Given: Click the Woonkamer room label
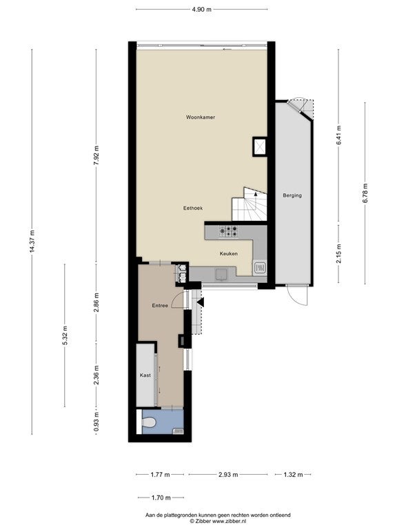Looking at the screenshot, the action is (x=201, y=117).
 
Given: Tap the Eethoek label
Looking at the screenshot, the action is (x=193, y=208).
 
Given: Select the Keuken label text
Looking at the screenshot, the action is (x=229, y=253).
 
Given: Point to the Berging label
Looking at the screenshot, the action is (x=292, y=195).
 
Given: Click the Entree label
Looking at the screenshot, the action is (x=160, y=306).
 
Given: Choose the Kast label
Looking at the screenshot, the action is (x=145, y=375).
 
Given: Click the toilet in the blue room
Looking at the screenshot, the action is (x=149, y=422).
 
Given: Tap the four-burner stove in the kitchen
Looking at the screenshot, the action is (x=228, y=232).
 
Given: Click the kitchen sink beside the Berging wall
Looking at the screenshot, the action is (x=260, y=268).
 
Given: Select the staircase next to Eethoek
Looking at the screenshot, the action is (x=250, y=204).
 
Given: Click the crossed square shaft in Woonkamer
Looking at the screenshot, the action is (x=260, y=147).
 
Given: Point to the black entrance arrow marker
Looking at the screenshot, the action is (x=201, y=302).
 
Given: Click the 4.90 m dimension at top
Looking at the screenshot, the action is (x=201, y=10).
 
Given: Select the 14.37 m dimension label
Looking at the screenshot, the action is (x=32, y=241).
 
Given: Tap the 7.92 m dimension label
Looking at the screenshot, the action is (x=96, y=155).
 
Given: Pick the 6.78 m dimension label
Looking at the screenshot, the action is (x=365, y=193).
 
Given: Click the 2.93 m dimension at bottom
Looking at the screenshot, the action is (x=228, y=475).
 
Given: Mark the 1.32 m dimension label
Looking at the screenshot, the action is (x=293, y=475).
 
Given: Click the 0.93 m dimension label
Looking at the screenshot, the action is (x=96, y=422).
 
